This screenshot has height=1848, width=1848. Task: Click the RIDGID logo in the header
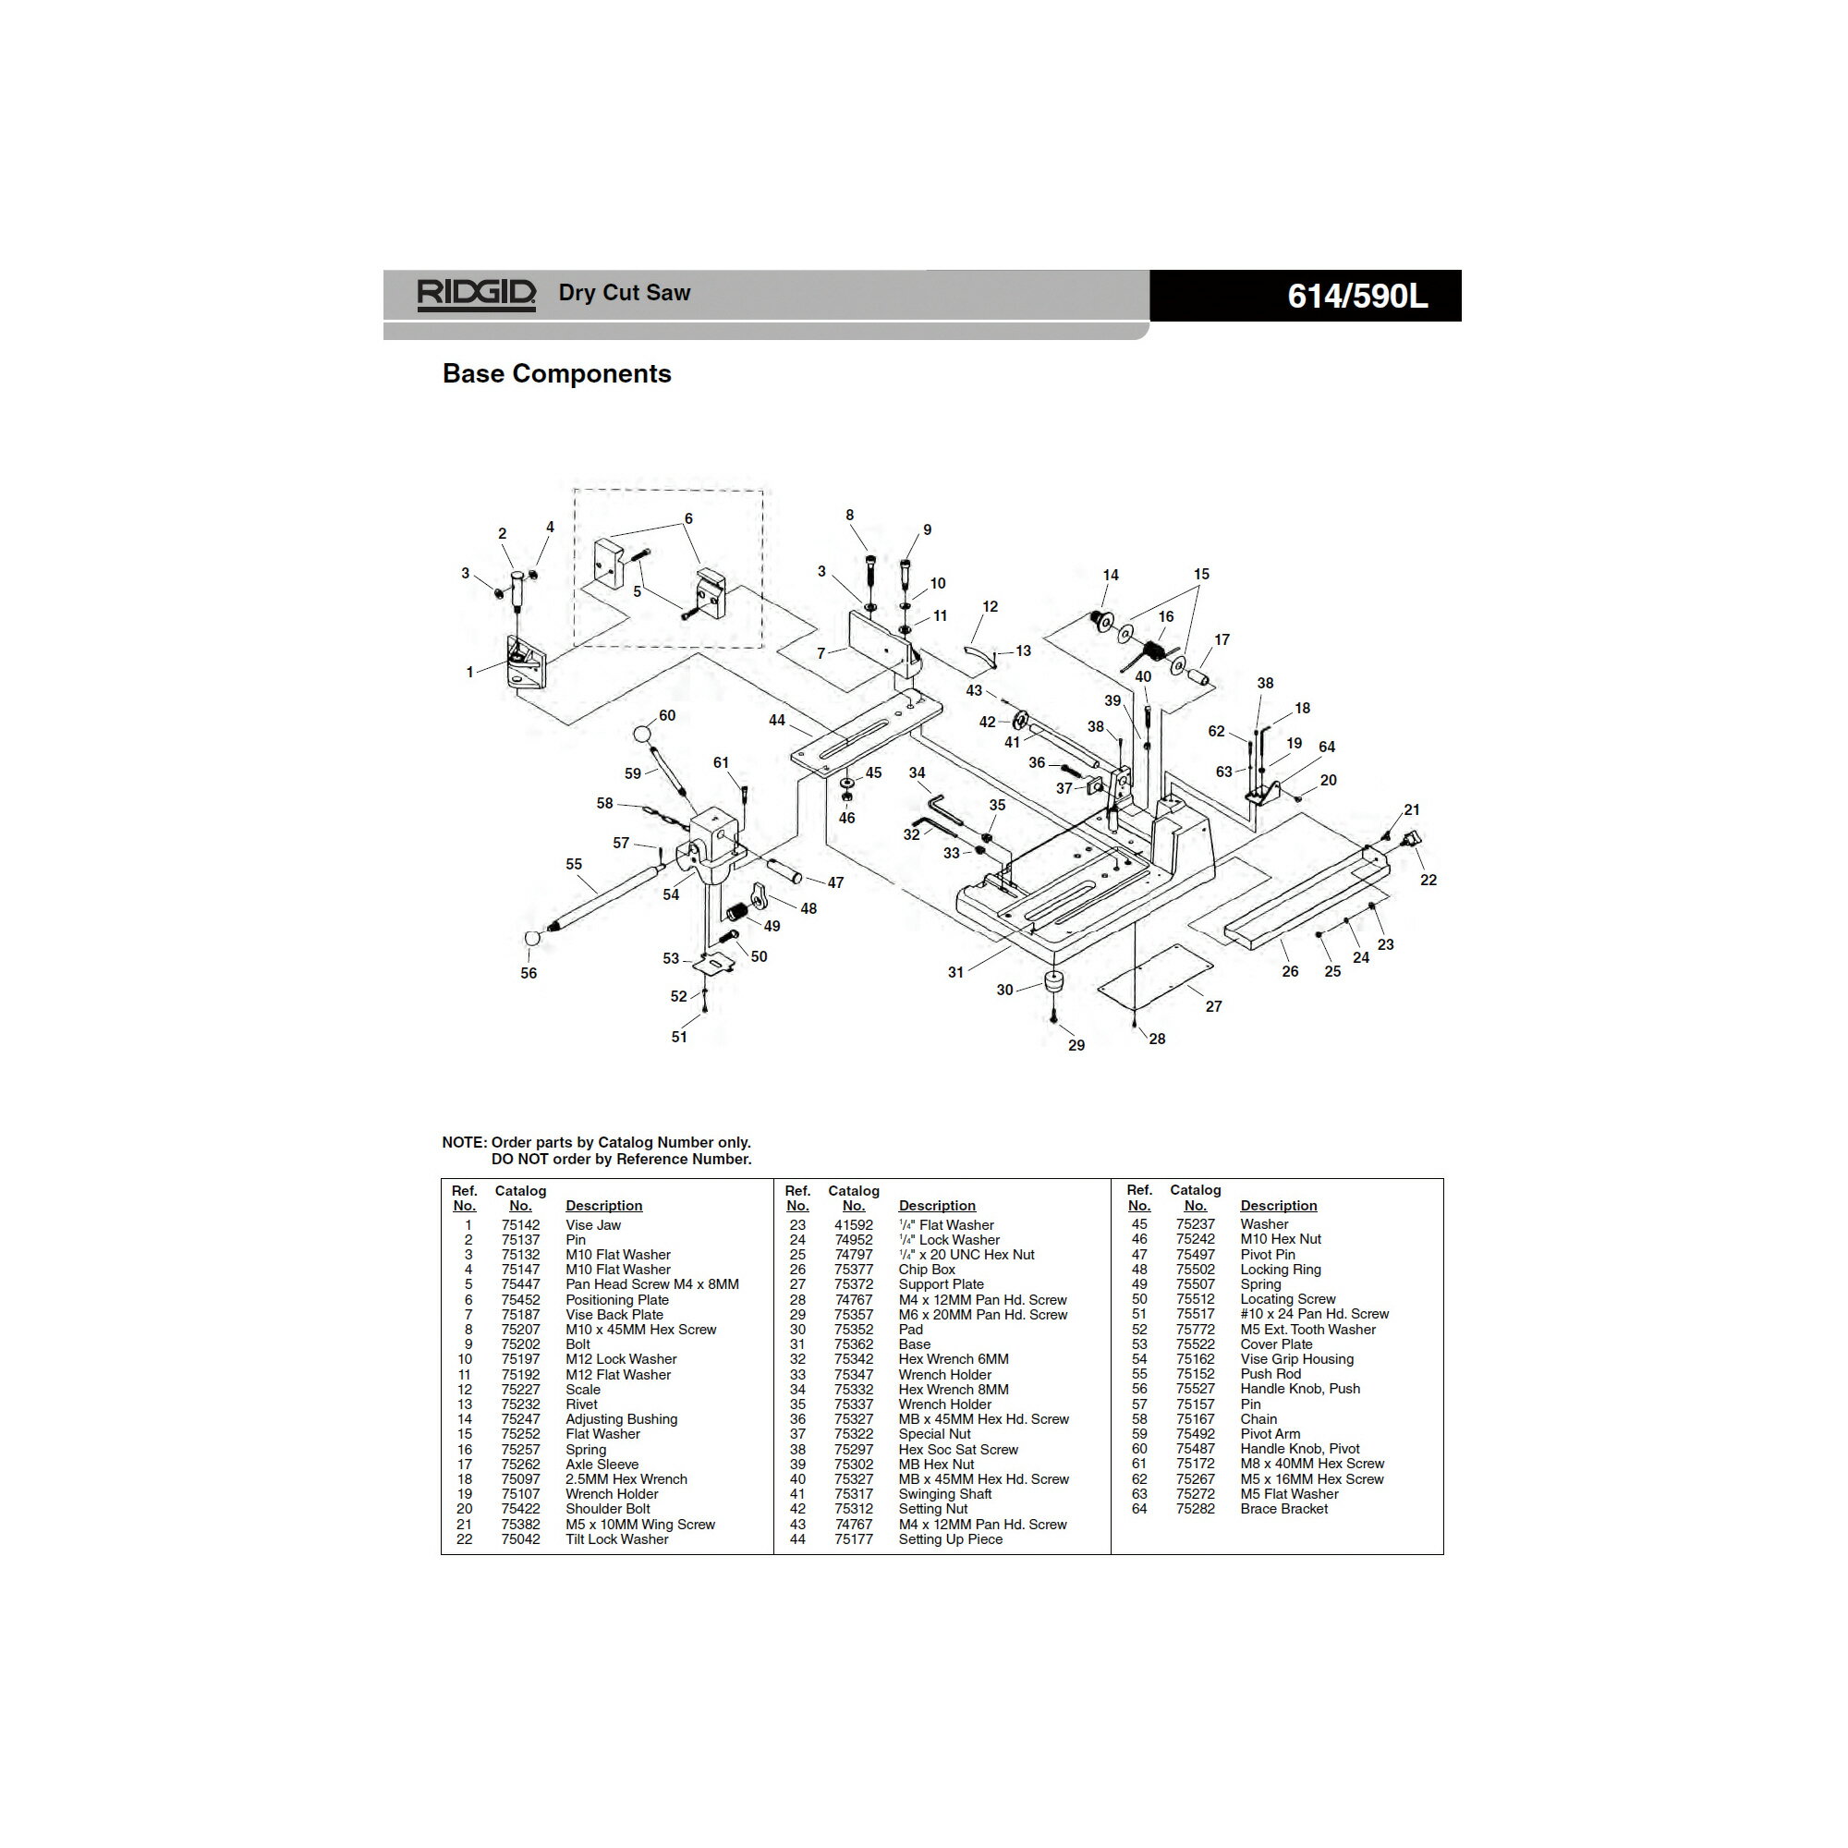pos(475,294)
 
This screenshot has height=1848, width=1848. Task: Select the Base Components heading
pos(556,374)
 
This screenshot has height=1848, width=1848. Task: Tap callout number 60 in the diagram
pos(667,715)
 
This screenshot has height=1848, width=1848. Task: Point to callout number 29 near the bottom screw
pos(1076,1045)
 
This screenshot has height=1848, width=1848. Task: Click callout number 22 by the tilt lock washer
pos(1429,880)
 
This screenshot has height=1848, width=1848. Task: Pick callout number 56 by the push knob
pos(529,973)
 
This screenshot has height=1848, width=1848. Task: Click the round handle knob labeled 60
pos(643,735)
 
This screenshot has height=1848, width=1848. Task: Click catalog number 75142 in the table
pos(520,1225)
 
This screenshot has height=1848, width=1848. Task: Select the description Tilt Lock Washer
pos(617,1539)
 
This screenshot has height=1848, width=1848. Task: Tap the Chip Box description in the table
pos(926,1270)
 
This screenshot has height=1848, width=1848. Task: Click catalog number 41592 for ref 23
pos(853,1225)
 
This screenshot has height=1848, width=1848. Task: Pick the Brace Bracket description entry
pos(1283,1509)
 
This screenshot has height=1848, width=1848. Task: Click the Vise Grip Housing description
pos(1296,1359)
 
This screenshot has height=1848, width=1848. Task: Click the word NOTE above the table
pos(463,1142)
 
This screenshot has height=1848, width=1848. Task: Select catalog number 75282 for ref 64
pos(1195,1509)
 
